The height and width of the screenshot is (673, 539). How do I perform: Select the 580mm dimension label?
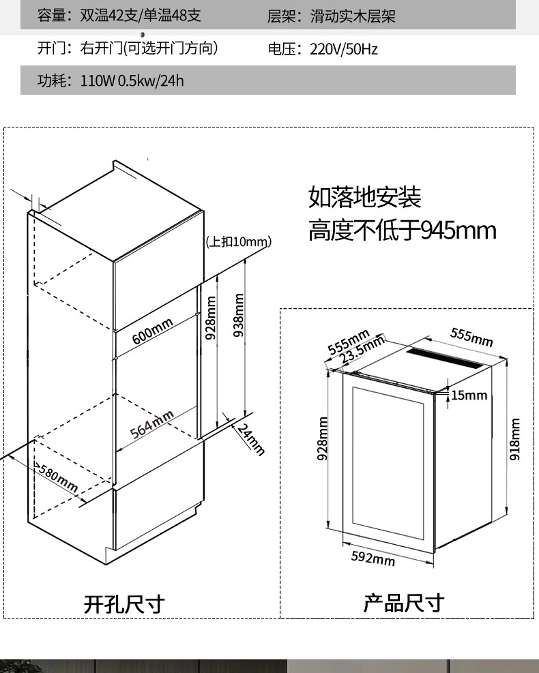click(x=57, y=479)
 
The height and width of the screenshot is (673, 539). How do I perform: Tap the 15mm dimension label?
click(x=469, y=395)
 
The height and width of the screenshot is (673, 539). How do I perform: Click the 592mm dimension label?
click(x=373, y=558)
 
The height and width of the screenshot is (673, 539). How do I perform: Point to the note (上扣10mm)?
click(x=238, y=241)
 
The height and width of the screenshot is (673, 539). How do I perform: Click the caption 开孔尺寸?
click(x=124, y=603)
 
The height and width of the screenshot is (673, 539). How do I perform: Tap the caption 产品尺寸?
click(x=403, y=603)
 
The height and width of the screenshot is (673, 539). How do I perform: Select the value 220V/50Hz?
click(x=343, y=49)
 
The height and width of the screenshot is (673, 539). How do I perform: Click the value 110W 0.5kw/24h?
click(x=132, y=81)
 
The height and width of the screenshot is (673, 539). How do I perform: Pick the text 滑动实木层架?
click(x=353, y=16)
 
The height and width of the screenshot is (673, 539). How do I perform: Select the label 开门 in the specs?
click(x=50, y=48)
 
